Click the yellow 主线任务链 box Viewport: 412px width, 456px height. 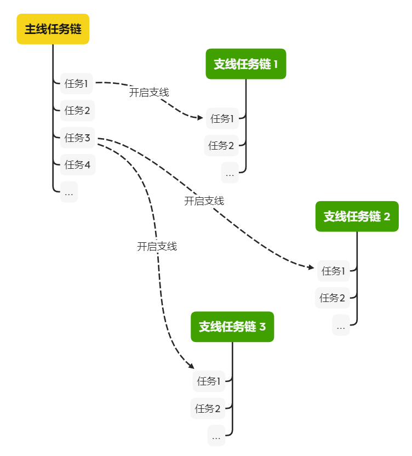[x=53, y=29]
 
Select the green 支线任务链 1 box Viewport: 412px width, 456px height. [x=246, y=64]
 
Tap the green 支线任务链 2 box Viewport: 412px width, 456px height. [x=357, y=216]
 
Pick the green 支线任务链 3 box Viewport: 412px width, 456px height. [x=232, y=327]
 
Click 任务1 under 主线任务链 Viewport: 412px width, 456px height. [x=77, y=84]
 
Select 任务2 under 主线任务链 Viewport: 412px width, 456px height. [x=77, y=111]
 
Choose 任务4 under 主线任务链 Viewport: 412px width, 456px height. [x=77, y=164]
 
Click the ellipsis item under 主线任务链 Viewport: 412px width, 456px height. [x=69, y=192]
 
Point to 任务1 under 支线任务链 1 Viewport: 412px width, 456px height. [x=222, y=118]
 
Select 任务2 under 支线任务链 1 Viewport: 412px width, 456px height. [x=222, y=146]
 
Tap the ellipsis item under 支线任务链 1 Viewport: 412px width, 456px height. [x=230, y=173]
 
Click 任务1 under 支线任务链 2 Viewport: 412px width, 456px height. [x=334, y=271]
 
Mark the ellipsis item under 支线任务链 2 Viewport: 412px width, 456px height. [x=341, y=326]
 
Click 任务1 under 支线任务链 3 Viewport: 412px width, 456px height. [x=209, y=381]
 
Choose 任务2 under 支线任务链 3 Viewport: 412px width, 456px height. [x=209, y=408]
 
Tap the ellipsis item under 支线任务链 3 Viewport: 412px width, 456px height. [x=216, y=436]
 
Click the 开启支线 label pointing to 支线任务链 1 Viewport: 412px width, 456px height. [x=149, y=93]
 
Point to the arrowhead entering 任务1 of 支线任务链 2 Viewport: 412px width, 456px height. [x=312, y=267]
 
